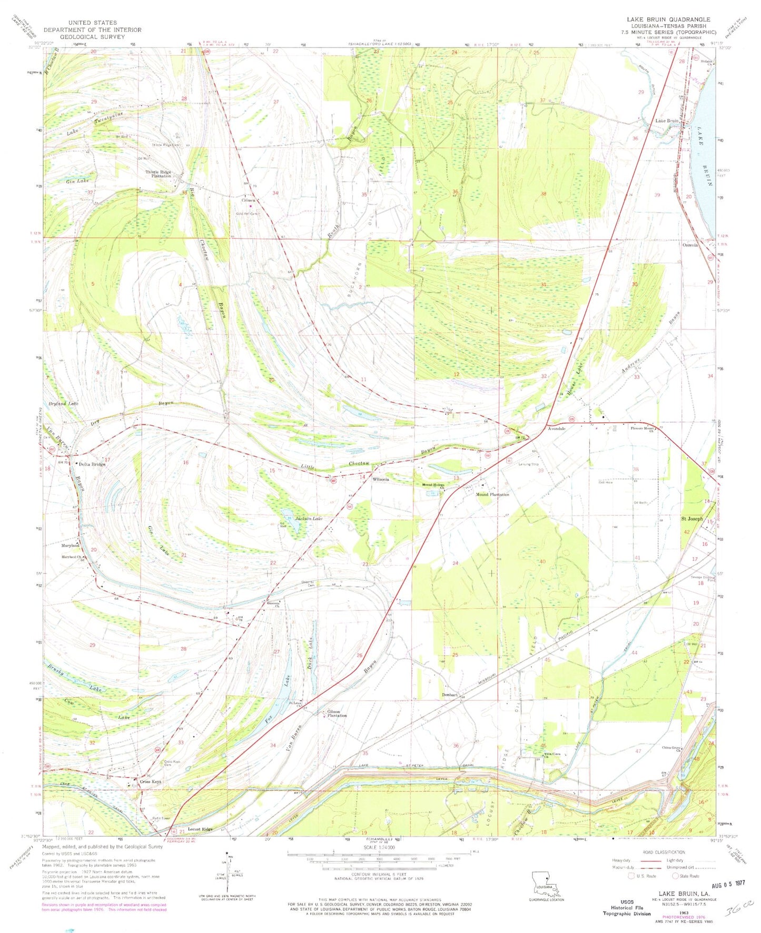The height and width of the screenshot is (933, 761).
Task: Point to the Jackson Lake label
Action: tap(309, 519)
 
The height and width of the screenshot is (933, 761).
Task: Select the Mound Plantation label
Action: tap(492, 494)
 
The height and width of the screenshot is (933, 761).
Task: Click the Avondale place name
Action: tap(557, 429)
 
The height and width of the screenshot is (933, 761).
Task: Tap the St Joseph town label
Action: tap(692, 519)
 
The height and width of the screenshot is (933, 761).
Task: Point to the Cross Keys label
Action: tap(151, 782)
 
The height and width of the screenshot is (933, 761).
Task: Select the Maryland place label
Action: tap(70, 545)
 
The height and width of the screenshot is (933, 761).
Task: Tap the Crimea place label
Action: tap(249, 200)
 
